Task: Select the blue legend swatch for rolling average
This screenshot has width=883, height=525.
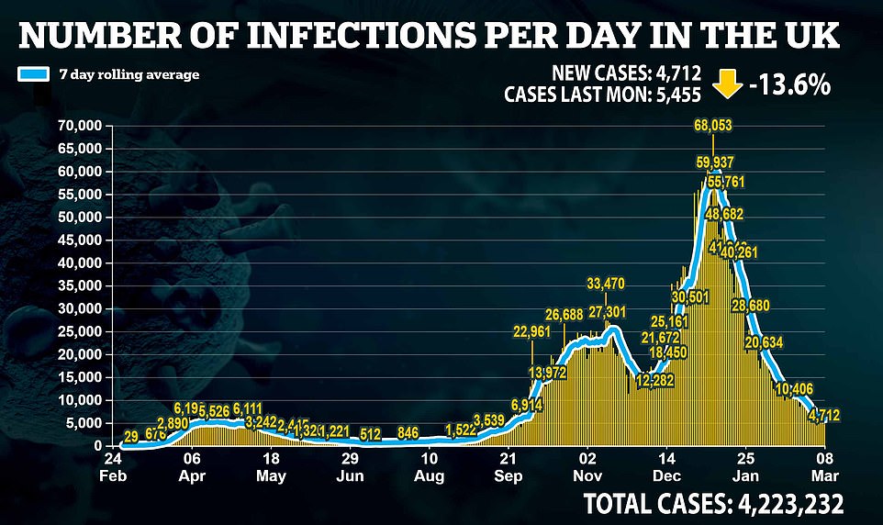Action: pos(32,74)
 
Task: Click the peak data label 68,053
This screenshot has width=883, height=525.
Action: pos(713,125)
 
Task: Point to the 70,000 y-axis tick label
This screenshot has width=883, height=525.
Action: pos(77,126)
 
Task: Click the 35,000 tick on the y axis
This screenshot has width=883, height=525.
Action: pos(77,285)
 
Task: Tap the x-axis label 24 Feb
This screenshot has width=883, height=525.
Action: pos(114,465)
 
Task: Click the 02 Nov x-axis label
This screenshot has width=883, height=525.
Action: pos(587,465)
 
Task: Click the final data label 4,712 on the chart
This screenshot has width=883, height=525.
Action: pos(824,416)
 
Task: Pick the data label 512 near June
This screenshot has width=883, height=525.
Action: pos(371,433)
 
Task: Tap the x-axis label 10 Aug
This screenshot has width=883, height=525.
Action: pos(429,465)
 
